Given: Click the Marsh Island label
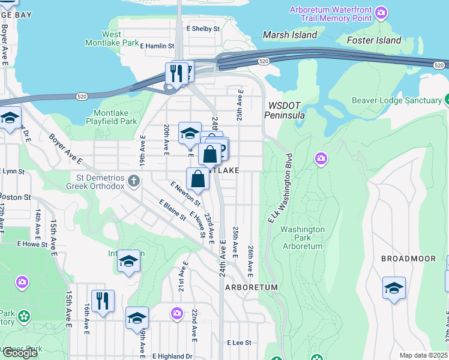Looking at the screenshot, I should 290,35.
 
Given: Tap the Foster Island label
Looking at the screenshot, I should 374,40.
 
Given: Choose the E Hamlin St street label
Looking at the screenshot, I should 157,45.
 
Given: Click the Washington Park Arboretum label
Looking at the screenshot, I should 303,238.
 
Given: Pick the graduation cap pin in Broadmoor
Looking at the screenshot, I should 394,289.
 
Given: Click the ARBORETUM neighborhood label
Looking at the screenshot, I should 252,287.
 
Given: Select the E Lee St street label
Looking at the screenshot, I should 238,343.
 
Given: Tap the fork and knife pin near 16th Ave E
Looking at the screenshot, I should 103,301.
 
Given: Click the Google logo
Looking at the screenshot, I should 20,353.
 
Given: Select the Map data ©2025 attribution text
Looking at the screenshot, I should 423,355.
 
